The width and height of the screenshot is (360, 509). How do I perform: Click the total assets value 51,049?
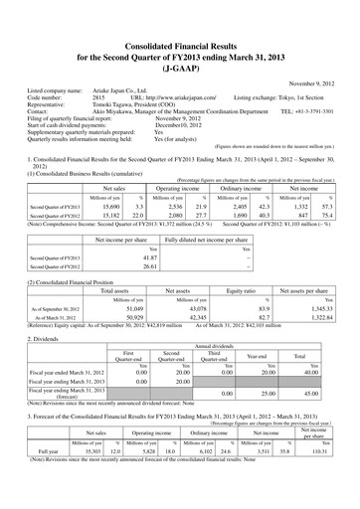point(131,282)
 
